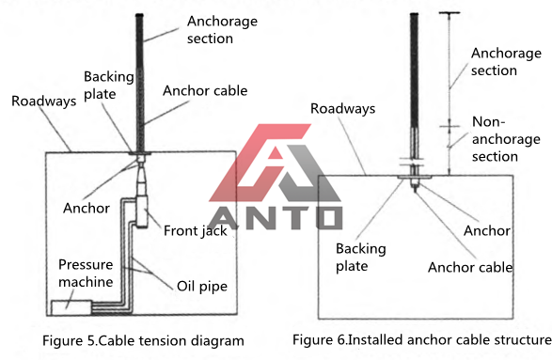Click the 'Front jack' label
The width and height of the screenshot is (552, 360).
point(195,230)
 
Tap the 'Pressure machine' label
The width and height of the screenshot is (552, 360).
point(86,272)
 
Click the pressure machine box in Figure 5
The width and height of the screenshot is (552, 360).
point(71,306)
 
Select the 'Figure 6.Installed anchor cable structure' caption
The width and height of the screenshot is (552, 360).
point(421,339)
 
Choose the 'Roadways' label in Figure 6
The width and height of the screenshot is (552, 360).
point(342,109)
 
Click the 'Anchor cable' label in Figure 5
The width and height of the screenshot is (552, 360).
point(205,92)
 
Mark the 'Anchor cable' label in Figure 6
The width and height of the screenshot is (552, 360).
point(470,267)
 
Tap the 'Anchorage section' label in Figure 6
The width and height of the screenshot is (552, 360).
point(506,62)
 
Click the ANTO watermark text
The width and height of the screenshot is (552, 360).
point(275,217)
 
